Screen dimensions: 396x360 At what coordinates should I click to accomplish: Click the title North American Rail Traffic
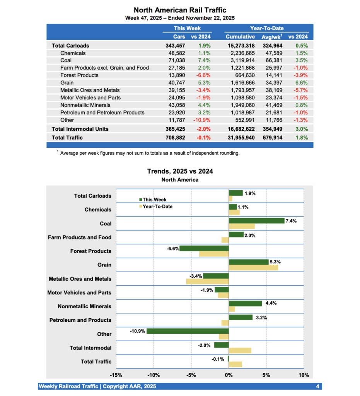pos(180,10)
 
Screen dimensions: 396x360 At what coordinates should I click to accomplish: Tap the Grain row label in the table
pos(67,83)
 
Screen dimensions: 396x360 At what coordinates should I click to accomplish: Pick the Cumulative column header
pos(240,37)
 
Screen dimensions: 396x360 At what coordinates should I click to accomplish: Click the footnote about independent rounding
pos(150,153)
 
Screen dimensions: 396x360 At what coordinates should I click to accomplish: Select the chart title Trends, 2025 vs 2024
pos(180,171)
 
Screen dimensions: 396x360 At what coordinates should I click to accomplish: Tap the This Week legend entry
pos(154,200)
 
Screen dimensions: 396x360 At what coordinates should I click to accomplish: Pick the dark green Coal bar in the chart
pos(256,220)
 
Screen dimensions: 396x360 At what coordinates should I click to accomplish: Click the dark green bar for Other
pos(188,331)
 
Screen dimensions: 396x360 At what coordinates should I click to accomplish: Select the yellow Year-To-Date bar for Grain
pos(253,268)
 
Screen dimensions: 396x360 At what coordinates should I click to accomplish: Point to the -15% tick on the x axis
pos(116,375)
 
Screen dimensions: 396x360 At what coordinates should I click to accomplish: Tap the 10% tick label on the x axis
pos(304,375)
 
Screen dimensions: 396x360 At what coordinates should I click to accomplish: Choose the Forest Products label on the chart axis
pos(90,251)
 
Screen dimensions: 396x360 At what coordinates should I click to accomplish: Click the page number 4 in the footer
pos(317,386)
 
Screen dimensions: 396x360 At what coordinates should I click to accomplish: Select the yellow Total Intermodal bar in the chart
pos(240,350)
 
